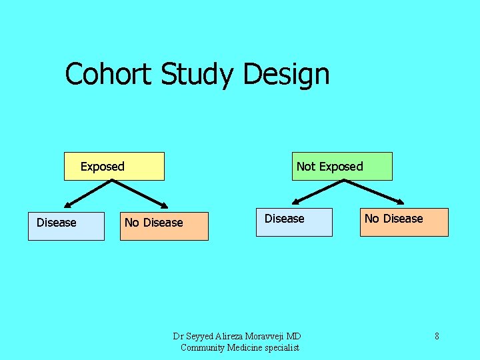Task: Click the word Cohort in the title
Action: click(x=109, y=74)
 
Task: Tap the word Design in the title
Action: click(x=286, y=74)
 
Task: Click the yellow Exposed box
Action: click(x=114, y=167)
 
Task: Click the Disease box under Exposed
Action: click(x=66, y=226)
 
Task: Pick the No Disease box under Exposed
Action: click(x=164, y=226)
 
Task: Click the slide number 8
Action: click(x=437, y=336)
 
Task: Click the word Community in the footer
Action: click(x=203, y=347)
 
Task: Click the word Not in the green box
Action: click(x=305, y=167)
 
